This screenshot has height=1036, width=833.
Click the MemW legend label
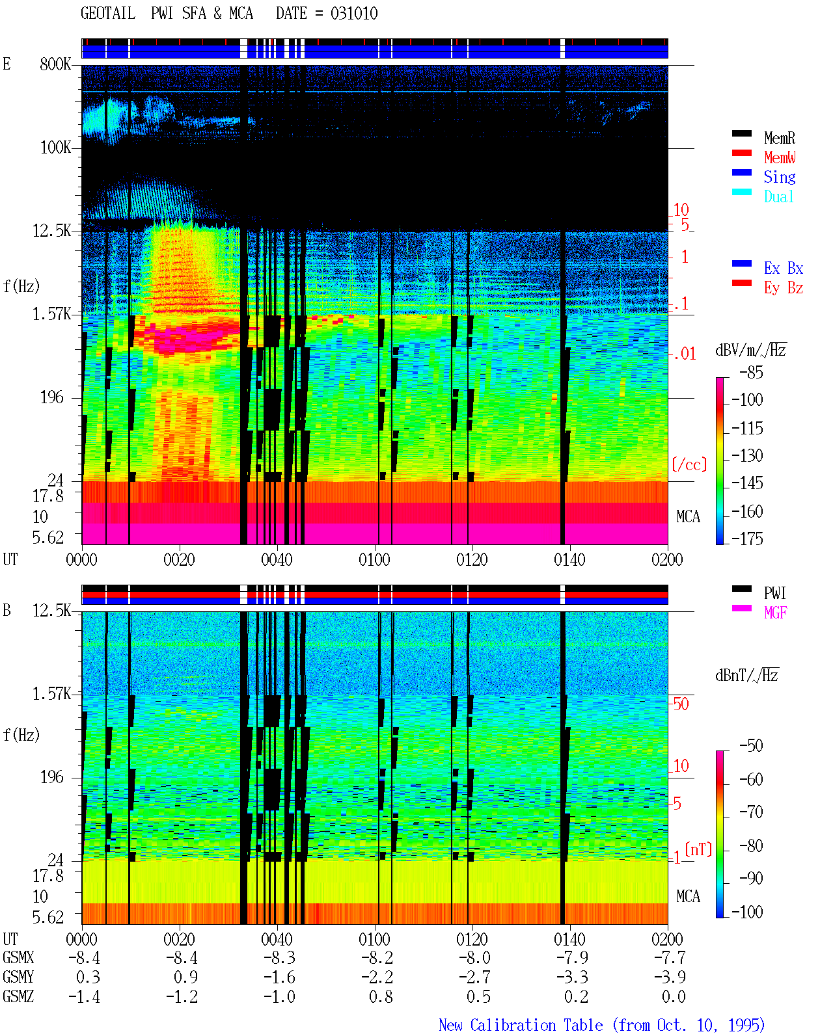780,157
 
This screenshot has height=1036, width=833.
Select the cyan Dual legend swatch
741,192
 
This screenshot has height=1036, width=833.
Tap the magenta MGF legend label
775,613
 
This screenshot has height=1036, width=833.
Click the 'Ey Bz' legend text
784,287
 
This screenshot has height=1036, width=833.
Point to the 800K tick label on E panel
55,64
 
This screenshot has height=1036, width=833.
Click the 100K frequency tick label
55,148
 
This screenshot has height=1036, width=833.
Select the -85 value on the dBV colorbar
751,372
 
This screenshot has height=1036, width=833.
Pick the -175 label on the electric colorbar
747,538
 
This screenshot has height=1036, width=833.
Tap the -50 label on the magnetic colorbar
751,745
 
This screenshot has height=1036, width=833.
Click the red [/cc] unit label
689,464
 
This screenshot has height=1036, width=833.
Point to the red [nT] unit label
698,849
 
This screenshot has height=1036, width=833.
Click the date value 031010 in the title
354,13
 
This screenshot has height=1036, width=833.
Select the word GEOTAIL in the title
108,13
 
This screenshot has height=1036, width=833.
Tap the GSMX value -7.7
670,958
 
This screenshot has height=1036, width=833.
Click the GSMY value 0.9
185,977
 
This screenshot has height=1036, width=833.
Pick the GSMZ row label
18,996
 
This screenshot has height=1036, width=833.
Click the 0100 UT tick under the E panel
374,559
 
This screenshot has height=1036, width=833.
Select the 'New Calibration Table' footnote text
521,1025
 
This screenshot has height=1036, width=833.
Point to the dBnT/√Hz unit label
746,675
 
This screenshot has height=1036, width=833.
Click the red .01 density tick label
684,354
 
